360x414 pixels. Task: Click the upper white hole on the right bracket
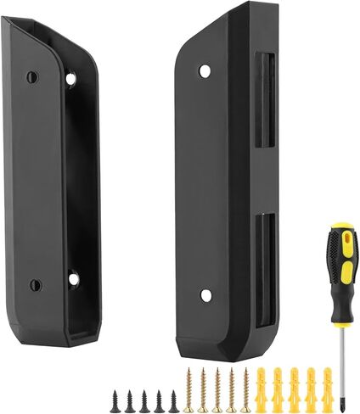(x=205, y=71)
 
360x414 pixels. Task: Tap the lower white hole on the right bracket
(x=205, y=295)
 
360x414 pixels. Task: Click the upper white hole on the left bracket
(x=70, y=79)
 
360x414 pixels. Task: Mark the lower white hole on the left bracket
(x=73, y=278)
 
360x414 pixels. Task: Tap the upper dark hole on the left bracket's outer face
(x=32, y=77)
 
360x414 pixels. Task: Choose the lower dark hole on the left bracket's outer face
(x=34, y=285)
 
